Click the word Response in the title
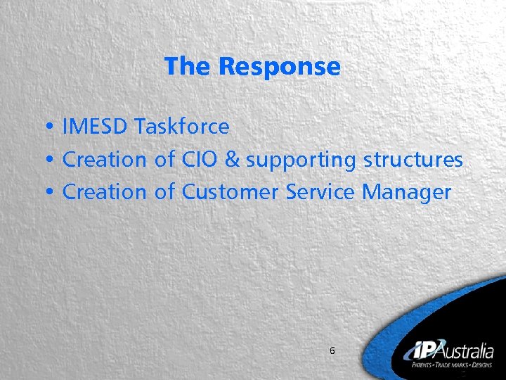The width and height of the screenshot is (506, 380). point(279,67)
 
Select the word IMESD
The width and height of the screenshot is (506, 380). point(95,127)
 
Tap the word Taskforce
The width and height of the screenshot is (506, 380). point(181,127)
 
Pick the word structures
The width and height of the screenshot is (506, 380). point(413,160)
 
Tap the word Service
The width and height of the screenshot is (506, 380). point(320,191)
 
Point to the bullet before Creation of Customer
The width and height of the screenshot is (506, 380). point(53,193)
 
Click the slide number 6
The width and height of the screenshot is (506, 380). point(332,350)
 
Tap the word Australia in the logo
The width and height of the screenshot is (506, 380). point(468,351)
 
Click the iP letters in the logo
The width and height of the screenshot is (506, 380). point(422,350)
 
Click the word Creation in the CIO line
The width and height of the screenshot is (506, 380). point(104,160)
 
